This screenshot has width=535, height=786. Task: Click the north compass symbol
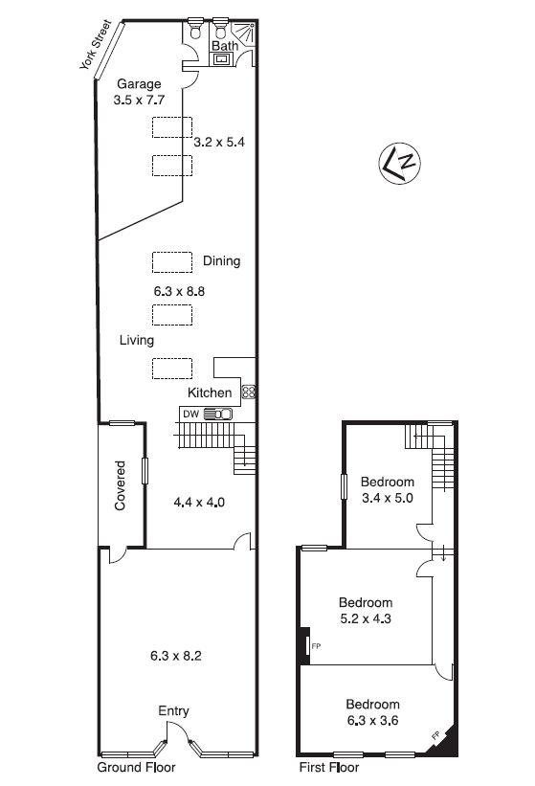[399, 164]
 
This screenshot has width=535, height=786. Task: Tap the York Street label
[95, 45]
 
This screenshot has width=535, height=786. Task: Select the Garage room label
[139, 83]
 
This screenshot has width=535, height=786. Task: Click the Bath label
[225, 46]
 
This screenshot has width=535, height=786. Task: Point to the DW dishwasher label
[190, 414]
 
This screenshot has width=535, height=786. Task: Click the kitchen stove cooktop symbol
[249, 392]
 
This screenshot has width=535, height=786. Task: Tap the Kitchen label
[210, 393]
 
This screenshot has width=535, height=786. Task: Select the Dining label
[221, 261]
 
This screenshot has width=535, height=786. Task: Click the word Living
[136, 341]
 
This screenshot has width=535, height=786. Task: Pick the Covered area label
[121, 485]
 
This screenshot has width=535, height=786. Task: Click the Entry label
[173, 710]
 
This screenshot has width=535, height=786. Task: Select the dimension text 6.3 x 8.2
[176, 656]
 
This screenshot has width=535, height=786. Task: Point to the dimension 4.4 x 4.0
[199, 502]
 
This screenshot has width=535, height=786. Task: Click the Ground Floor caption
[136, 767]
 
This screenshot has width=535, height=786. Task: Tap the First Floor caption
[329, 767]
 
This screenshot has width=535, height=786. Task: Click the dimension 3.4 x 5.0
[388, 498]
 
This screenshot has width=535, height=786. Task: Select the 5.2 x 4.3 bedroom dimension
[366, 618]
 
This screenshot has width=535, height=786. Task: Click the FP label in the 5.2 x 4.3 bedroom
[316, 646]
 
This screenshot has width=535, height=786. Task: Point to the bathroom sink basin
[221, 59]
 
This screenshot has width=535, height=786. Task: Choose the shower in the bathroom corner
[244, 34]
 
